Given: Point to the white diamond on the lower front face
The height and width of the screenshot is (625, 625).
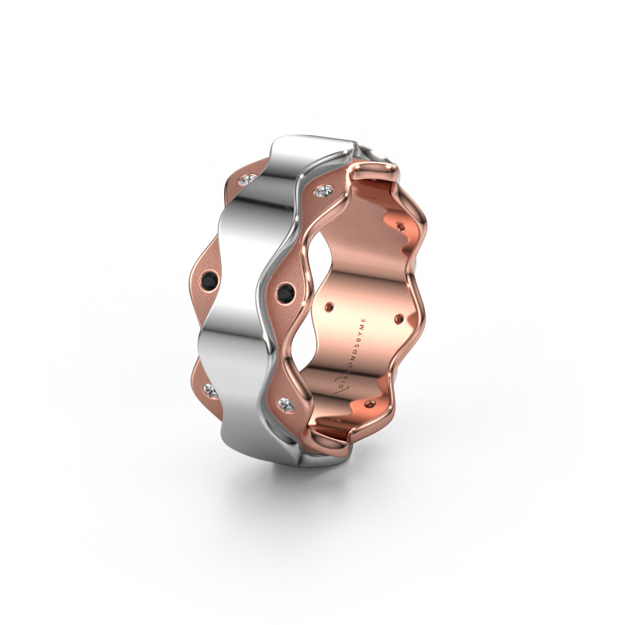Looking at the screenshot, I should pyautogui.click(x=287, y=404).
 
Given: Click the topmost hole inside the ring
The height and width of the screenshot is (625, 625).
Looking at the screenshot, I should pyautogui.click(x=402, y=227).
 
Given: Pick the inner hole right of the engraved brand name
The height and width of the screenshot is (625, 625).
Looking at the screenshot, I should pyautogui.click(x=400, y=318).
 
